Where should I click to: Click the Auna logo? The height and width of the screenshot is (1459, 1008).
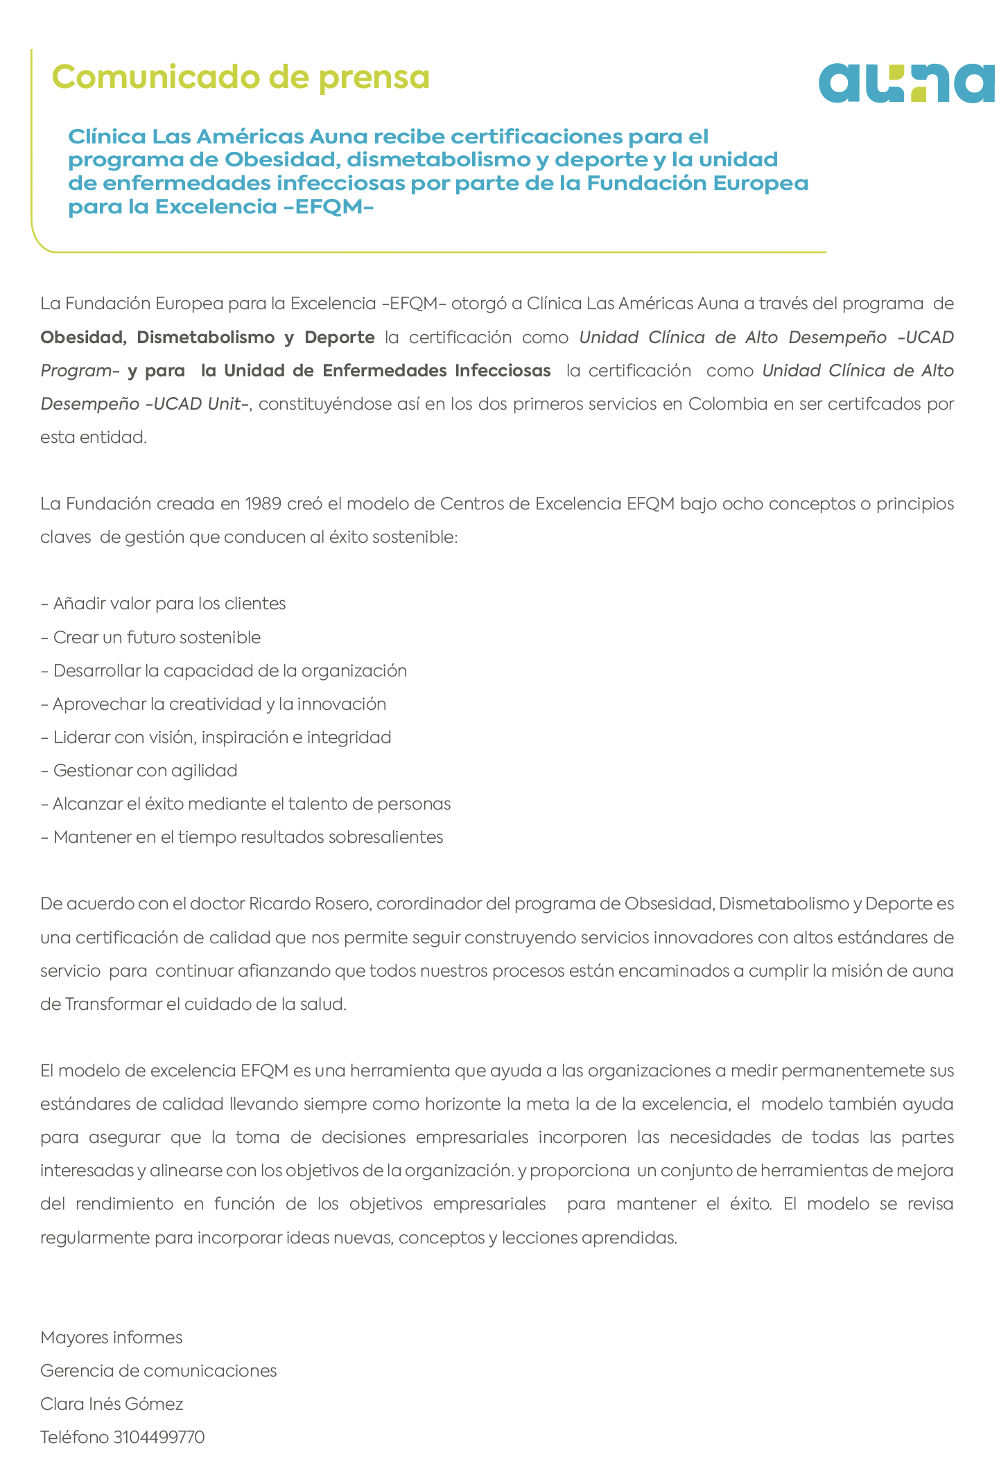[x=907, y=83]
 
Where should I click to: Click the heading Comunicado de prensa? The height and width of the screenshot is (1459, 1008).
[x=241, y=77]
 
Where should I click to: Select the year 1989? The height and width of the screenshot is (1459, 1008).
[x=263, y=503]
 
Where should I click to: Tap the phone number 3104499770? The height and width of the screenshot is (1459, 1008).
[x=159, y=1437]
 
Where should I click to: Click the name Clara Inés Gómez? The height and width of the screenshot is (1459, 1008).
[x=112, y=1404]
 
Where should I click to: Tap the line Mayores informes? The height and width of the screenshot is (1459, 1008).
[x=112, y=1337]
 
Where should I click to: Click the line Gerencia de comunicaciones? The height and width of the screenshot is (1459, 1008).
[x=159, y=1370]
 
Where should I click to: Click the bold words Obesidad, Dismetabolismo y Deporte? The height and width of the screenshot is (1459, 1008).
[x=207, y=338]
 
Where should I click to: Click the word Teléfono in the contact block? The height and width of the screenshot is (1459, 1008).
[x=75, y=1437]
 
